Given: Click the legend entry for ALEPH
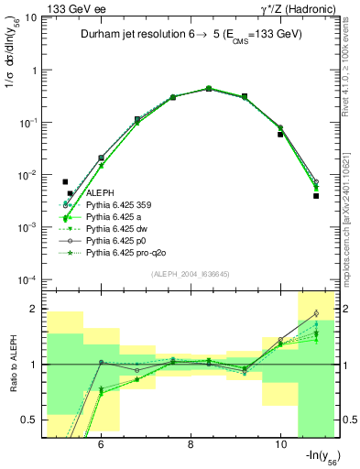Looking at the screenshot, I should point(101,192).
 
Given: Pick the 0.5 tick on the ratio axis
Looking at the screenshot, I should point(29,420).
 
